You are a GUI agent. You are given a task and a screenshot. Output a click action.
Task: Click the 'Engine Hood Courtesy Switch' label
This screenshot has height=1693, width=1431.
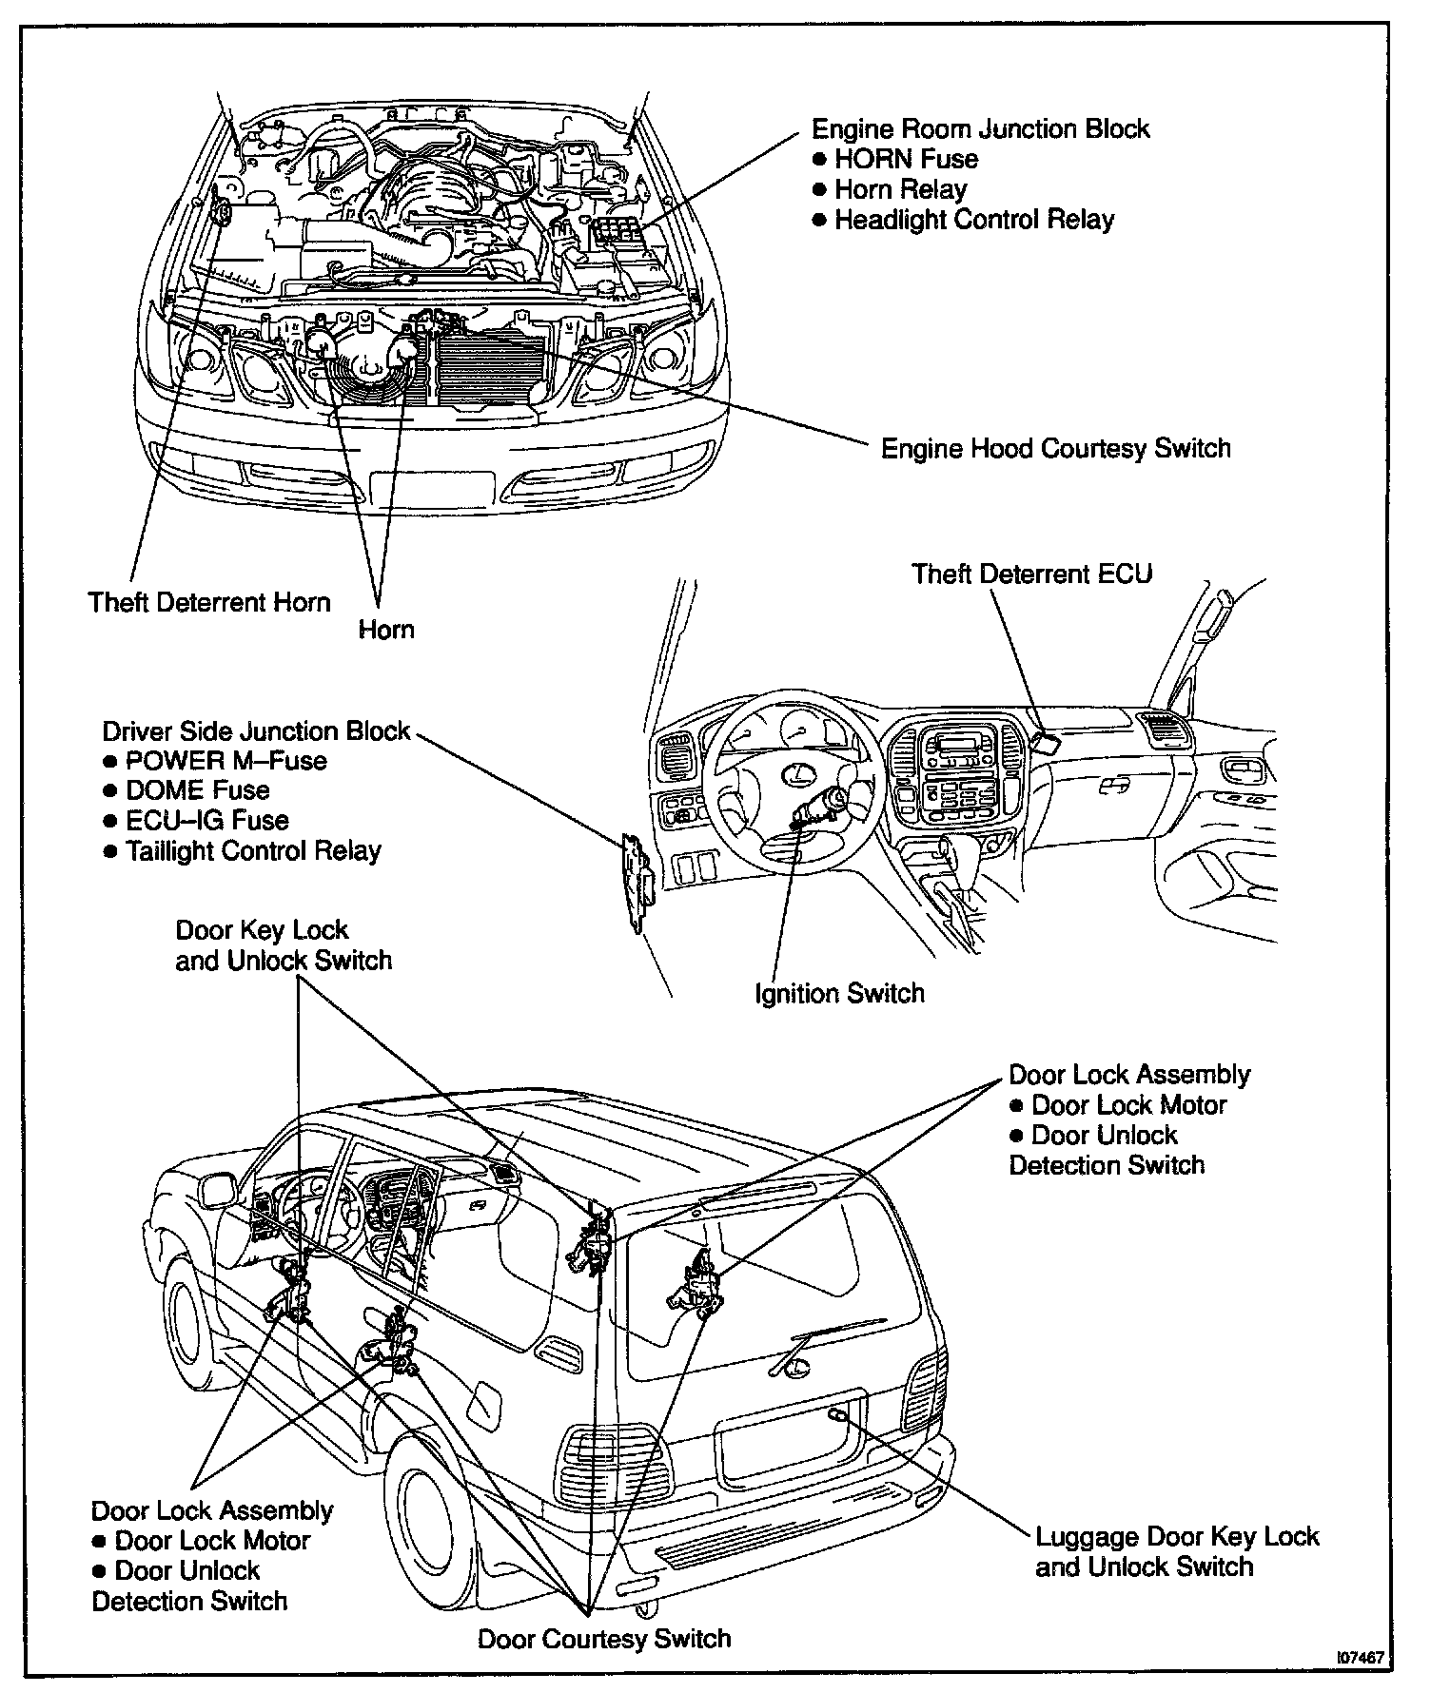pos(1055,448)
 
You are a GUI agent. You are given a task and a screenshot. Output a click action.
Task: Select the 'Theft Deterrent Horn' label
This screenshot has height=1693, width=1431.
pos(209,602)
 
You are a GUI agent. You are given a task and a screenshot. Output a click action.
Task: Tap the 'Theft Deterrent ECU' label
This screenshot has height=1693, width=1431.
pos(1031,574)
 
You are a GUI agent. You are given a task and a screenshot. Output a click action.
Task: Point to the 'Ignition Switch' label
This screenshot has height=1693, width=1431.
pos(839,994)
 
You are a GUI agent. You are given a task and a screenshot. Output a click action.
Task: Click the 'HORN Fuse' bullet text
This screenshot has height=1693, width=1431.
pos(905,159)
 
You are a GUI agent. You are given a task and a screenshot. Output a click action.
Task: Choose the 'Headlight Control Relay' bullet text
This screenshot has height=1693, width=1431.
pos(973,220)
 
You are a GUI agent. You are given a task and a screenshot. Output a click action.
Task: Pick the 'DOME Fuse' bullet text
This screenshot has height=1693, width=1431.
pos(197,790)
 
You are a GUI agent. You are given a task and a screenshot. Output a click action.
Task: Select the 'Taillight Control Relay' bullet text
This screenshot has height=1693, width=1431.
pos(253,850)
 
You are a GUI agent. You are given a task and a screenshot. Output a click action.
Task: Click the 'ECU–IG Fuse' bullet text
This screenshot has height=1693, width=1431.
pos(206,820)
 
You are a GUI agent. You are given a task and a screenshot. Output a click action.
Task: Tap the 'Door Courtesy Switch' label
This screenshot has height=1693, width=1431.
pos(604,1638)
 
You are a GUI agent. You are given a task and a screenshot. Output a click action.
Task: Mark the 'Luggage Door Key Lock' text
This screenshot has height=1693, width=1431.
pos(1177,1537)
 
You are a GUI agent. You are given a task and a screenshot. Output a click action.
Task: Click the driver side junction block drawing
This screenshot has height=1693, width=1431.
pos(635,881)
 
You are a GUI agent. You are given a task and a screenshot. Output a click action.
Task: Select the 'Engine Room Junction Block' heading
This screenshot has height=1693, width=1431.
pos(980,128)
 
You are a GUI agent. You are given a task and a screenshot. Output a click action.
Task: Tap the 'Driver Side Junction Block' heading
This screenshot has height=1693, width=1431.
pos(256,730)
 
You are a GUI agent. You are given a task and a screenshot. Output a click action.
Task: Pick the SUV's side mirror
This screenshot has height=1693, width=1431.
pos(219,1190)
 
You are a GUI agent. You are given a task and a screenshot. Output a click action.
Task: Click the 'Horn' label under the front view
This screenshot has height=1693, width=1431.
pos(386,629)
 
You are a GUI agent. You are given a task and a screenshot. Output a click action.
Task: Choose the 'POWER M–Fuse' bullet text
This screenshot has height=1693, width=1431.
pos(225,760)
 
